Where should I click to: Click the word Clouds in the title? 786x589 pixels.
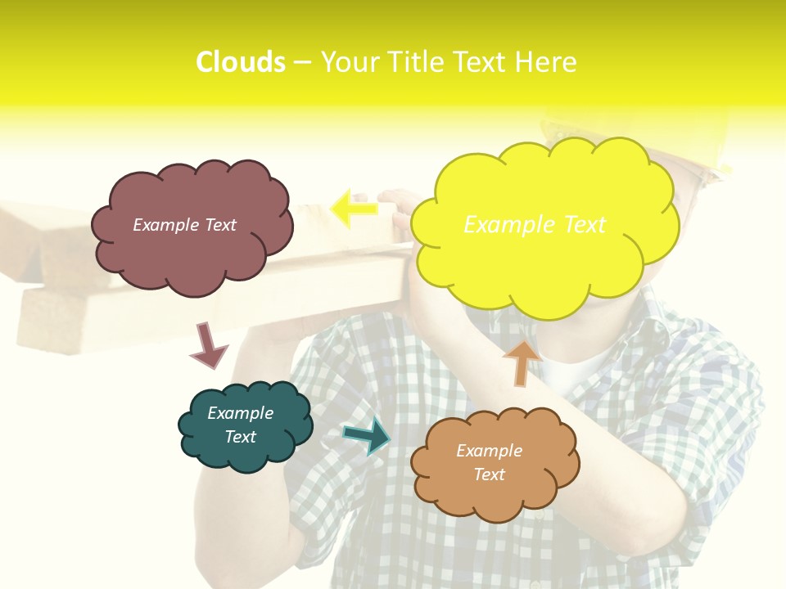click(x=241, y=62)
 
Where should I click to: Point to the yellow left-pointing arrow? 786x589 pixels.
click(x=353, y=209)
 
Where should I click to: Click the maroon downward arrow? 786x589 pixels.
click(x=208, y=345)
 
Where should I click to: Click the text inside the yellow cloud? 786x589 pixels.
click(x=535, y=224)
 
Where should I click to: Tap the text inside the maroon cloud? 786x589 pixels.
click(x=184, y=225)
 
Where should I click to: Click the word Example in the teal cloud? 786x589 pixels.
click(x=240, y=413)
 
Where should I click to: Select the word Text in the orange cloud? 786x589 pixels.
click(x=489, y=474)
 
